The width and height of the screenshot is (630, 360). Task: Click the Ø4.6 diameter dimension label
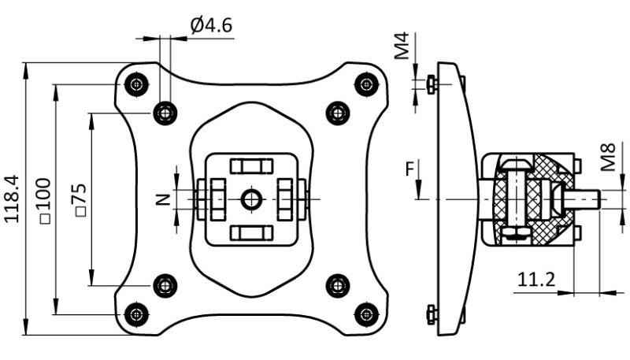pyautogui.click(x=210, y=25)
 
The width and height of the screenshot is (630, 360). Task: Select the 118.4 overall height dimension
pyautogui.click(x=13, y=199)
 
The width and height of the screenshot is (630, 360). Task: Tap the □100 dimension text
pyautogui.click(x=43, y=200)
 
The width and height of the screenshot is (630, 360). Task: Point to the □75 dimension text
pyautogui.click(x=79, y=200)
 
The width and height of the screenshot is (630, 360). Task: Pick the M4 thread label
pyautogui.click(x=402, y=46)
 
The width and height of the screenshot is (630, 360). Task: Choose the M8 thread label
pyautogui.click(x=607, y=158)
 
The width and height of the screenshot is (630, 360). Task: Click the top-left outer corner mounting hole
pyautogui.click(x=138, y=83)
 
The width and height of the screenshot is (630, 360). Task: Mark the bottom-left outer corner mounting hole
pyautogui.click(x=138, y=314)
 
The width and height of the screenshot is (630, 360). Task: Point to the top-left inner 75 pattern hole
pyautogui.click(x=165, y=113)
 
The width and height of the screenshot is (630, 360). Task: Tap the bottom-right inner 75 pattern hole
pyautogui.click(x=338, y=284)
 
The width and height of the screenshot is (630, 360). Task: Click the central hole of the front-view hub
pyautogui.click(x=251, y=199)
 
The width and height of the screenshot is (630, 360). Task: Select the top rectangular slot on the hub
pyautogui.click(x=251, y=166)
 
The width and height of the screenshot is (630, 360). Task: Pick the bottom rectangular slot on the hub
pyautogui.click(x=251, y=232)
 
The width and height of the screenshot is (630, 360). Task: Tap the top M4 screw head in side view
pyautogui.click(x=430, y=83)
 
